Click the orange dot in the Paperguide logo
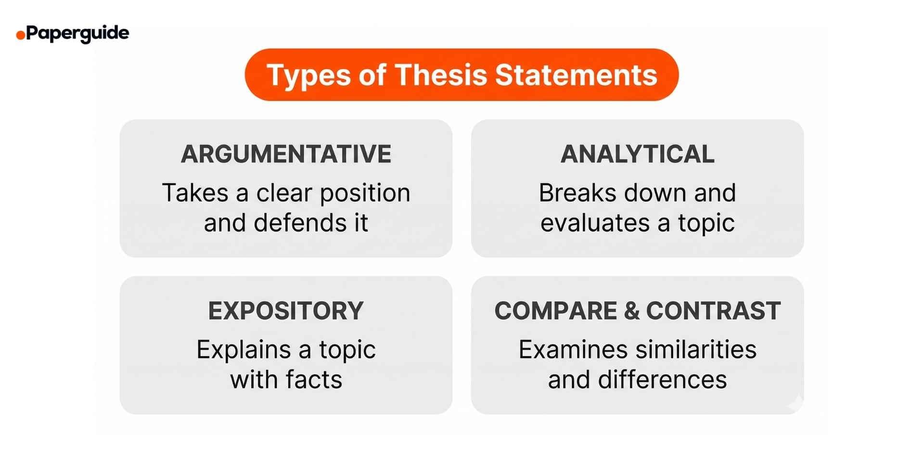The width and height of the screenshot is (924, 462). tap(21, 35)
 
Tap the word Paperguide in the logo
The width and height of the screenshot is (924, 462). tap(77, 33)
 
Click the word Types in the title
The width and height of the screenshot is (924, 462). tap(308, 75)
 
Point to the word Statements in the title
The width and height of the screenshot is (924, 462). tap(576, 75)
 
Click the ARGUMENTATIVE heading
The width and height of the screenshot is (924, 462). tap(286, 154)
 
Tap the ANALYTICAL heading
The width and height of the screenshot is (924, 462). tap(637, 154)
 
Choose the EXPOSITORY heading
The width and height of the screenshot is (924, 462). tap(286, 311)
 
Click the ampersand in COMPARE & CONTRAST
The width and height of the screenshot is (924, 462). tap(631, 311)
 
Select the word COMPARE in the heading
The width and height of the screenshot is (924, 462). tap(555, 311)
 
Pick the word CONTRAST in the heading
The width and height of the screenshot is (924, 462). tap(713, 311)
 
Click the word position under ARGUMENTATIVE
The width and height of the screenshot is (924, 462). tap(365, 193)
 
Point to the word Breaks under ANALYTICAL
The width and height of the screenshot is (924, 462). tap(577, 193)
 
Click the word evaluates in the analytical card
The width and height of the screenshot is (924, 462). tap(595, 223)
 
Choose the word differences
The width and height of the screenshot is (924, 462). tap(662, 380)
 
